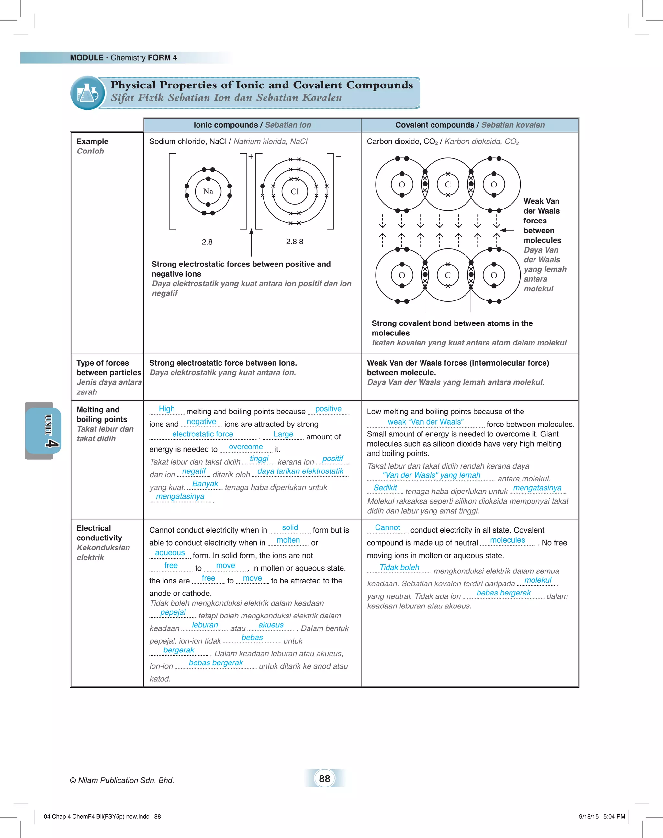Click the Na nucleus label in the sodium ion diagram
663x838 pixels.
point(208,191)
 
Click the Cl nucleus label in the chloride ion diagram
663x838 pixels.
point(295,191)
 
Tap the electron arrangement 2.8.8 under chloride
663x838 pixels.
point(295,242)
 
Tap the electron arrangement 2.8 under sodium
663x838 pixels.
point(207,242)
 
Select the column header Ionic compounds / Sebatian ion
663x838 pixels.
point(252,125)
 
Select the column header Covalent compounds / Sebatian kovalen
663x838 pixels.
point(470,125)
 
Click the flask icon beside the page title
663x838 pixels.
point(88,93)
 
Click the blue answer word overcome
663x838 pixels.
point(246,447)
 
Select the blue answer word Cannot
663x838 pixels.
point(388,527)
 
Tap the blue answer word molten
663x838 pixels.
point(288,540)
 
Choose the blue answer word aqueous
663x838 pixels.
point(170,553)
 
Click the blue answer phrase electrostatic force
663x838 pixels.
point(203,434)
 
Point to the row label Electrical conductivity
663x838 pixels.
point(99,533)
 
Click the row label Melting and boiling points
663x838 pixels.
point(102,414)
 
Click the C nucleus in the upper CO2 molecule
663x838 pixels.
point(448,185)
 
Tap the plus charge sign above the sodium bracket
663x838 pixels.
point(251,157)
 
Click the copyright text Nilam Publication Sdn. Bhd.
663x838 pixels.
point(122,780)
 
